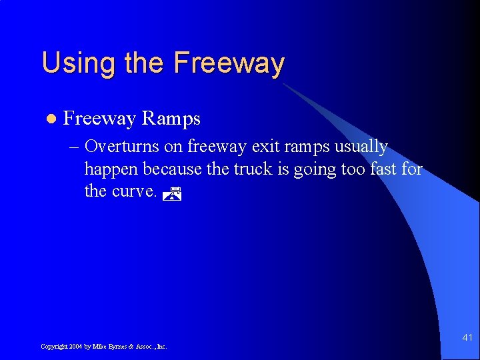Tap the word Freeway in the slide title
click(x=229, y=64)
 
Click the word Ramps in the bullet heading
click(x=171, y=119)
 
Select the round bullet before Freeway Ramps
click(x=48, y=119)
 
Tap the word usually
click(x=360, y=147)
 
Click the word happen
click(x=111, y=169)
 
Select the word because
click(x=173, y=169)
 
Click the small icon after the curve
click(x=173, y=194)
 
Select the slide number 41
click(x=467, y=338)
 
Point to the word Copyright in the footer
click(x=53, y=347)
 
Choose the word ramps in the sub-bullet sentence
click(x=309, y=147)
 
